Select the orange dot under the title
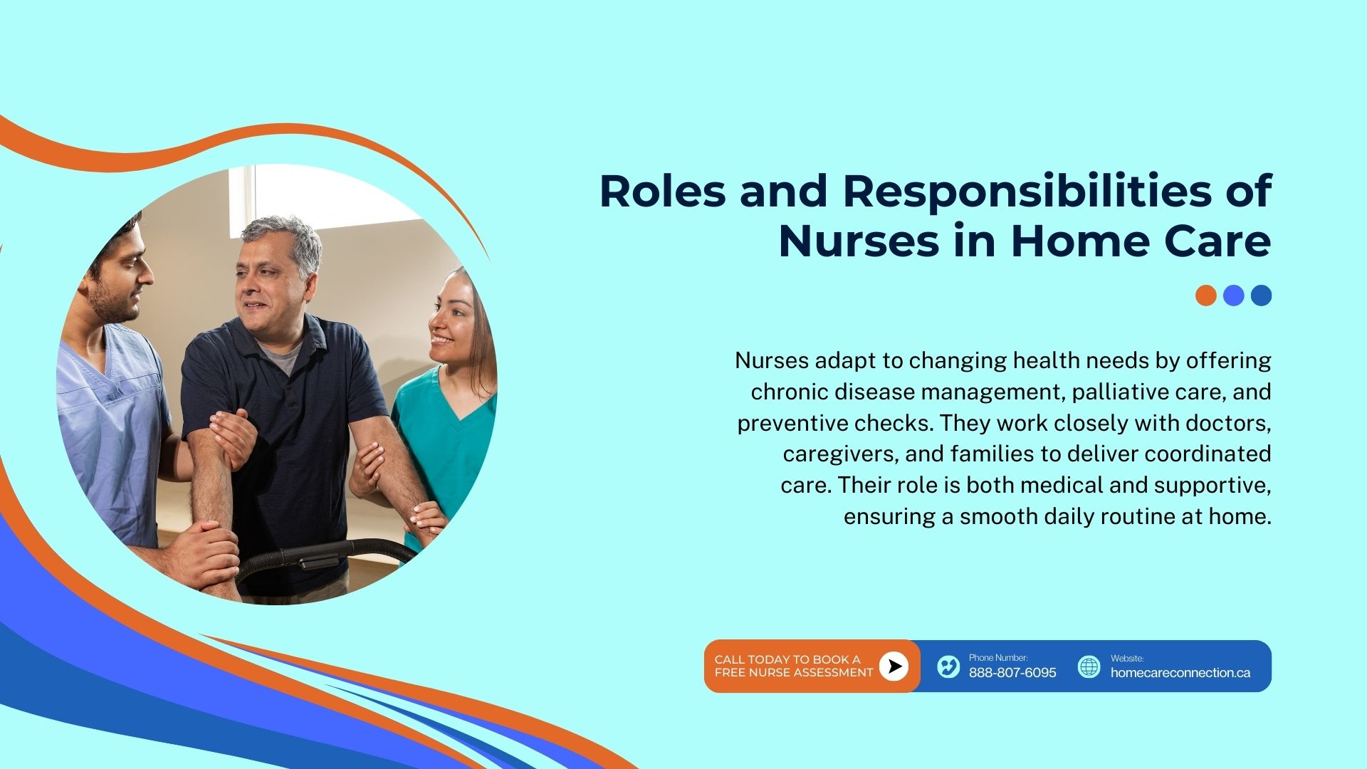[1205, 295]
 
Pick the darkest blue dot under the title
[1261, 295]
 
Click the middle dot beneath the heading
[1233, 295]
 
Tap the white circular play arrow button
[894, 666]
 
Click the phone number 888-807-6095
[1012, 673]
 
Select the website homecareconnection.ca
[1180, 673]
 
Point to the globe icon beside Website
[1089, 666]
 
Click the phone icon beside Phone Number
[948, 666]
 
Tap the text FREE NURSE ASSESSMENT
[794, 673]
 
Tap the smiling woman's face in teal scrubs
[450, 320]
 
